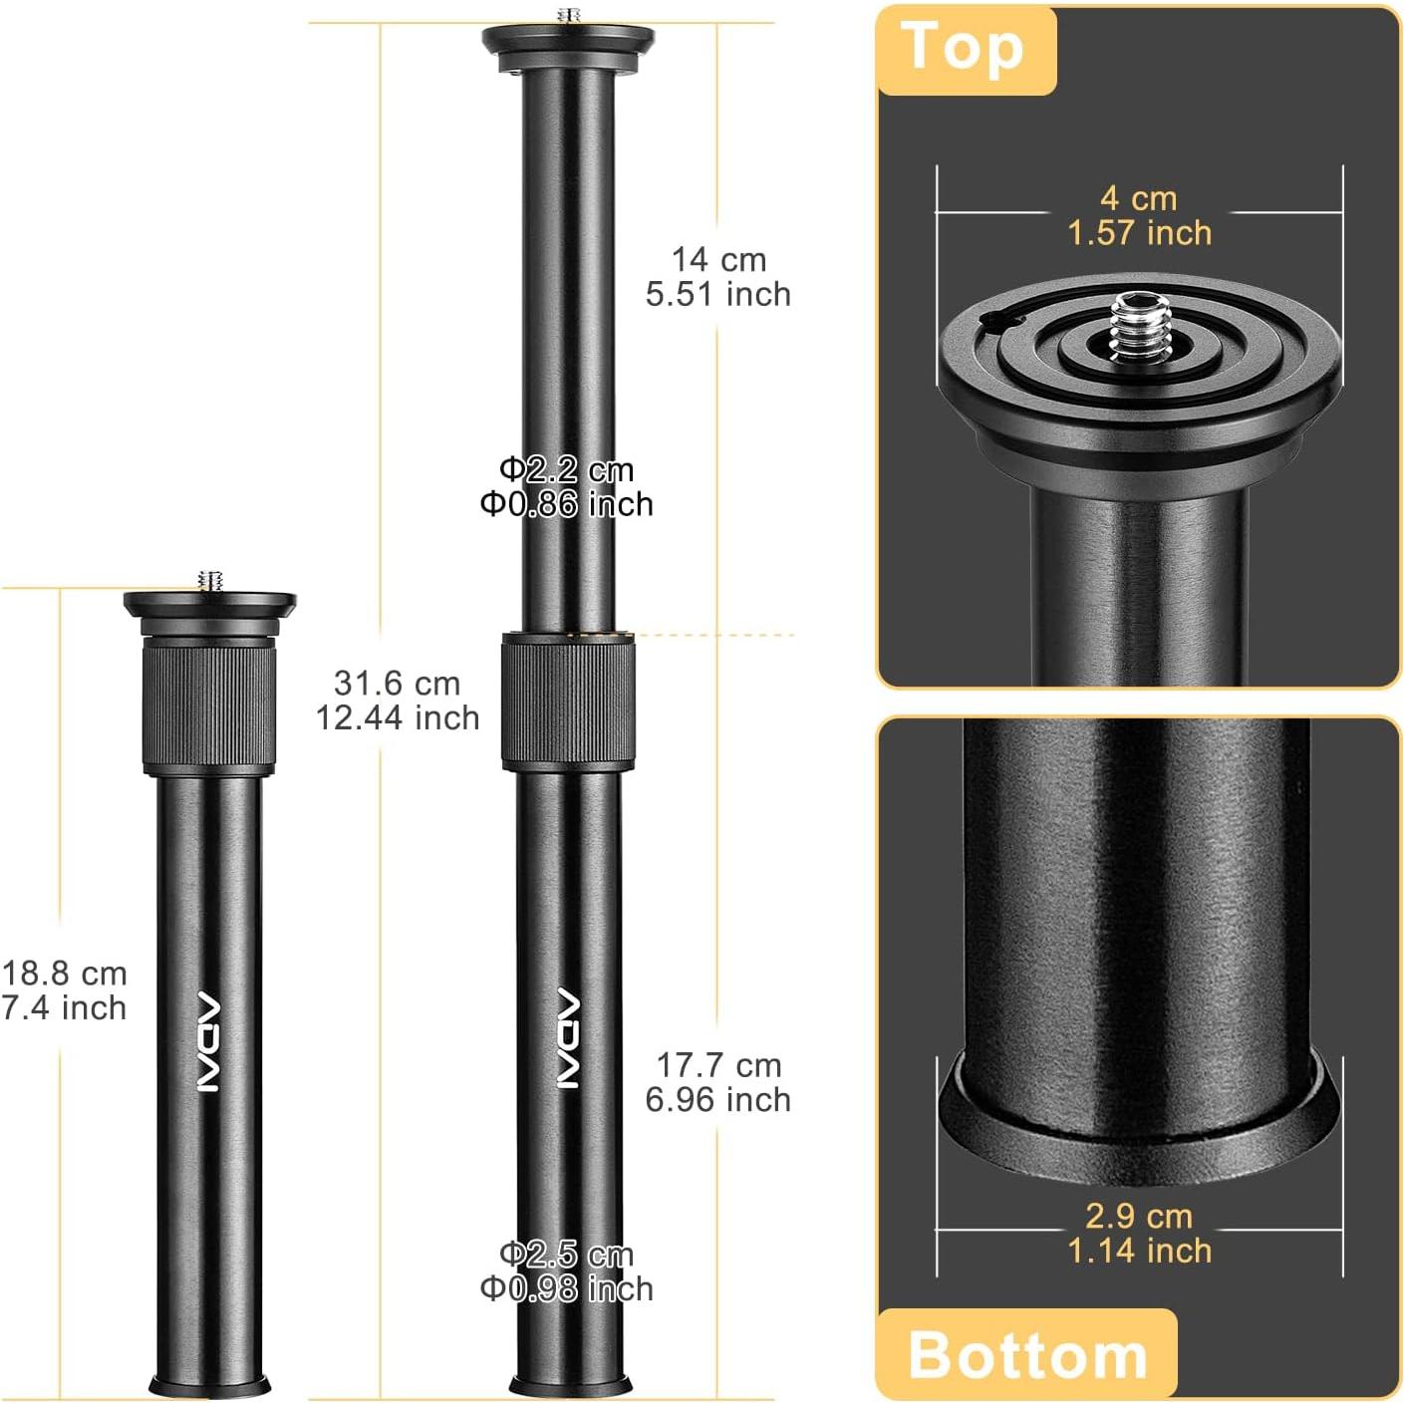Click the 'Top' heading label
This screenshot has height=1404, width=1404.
point(963,48)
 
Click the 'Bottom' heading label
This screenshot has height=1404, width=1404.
point(1027,1355)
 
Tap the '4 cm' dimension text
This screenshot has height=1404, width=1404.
point(1139,198)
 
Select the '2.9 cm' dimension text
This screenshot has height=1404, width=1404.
point(1139,1216)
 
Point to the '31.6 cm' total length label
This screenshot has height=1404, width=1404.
point(398,684)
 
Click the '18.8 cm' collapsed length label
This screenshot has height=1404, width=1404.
point(65,974)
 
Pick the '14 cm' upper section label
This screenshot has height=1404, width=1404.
point(718,260)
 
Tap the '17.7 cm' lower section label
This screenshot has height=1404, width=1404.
point(718,1065)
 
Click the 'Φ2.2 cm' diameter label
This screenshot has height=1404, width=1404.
point(566,469)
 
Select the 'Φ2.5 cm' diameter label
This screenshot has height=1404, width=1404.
point(566,1255)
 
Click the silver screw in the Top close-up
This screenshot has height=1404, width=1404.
point(1139,326)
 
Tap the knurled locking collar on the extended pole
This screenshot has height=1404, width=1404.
point(568,702)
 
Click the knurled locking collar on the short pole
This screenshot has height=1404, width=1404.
point(209,706)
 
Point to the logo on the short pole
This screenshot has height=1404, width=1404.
point(208,1041)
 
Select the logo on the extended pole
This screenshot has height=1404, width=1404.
point(567,1037)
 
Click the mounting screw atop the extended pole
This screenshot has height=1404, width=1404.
point(569,16)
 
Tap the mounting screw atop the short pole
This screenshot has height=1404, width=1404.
point(210,580)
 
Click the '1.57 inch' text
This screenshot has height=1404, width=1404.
point(1139,233)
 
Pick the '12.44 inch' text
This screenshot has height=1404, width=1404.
point(398,717)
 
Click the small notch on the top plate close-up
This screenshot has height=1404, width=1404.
point(1000,320)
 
